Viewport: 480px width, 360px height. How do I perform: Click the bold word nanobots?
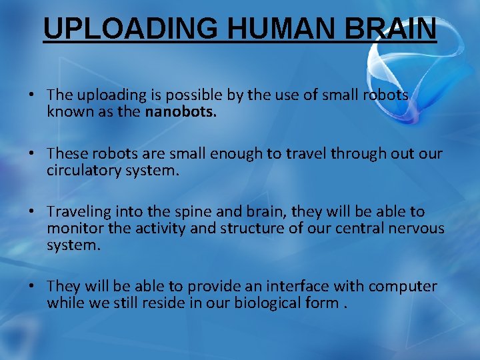click(181, 111)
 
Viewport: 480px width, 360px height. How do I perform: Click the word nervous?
click(416, 228)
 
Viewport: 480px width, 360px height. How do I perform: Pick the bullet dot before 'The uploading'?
click(31, 95)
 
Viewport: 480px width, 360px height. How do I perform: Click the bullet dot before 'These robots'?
click(31, 154)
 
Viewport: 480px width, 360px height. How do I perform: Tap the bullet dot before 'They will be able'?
click(31, 286)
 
